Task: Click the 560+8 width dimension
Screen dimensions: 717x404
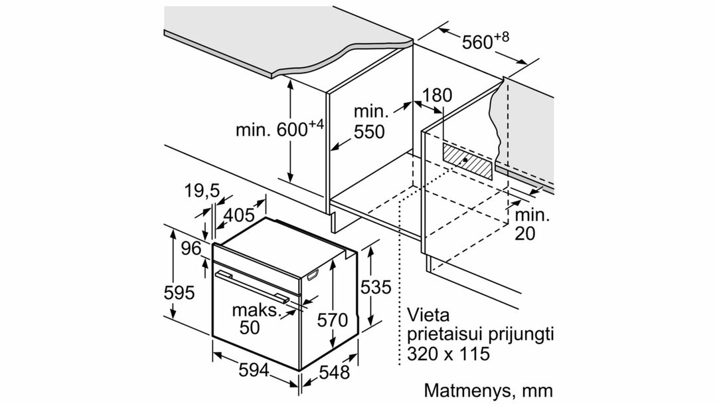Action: click(x=485, y=41)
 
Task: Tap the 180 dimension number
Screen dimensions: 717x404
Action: click(x=436, y=95)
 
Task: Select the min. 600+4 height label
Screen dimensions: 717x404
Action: click(x=280, y=128)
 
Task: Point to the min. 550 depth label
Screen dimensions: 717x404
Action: click(x=370, y=122)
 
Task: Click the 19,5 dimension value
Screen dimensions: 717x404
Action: click(x=202, y=191)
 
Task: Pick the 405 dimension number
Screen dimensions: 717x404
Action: click(x=238, y=214)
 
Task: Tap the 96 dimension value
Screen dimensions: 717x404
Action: click(x=191, y=249)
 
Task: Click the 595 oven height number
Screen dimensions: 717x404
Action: click(x=179, y=292)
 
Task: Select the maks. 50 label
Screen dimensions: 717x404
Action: click(x=256, y=318)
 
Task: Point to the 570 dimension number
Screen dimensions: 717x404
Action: click(x=333, y=320)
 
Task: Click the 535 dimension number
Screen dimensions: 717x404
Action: click(x=376, y=287)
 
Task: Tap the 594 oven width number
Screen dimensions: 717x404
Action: click(x=254, y=369)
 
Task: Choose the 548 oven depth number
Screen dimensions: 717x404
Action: click(x=334, y=372)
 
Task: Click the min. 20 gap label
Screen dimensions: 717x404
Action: click(x=532, y=224)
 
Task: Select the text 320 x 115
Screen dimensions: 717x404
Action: click(x=448, y=353)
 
